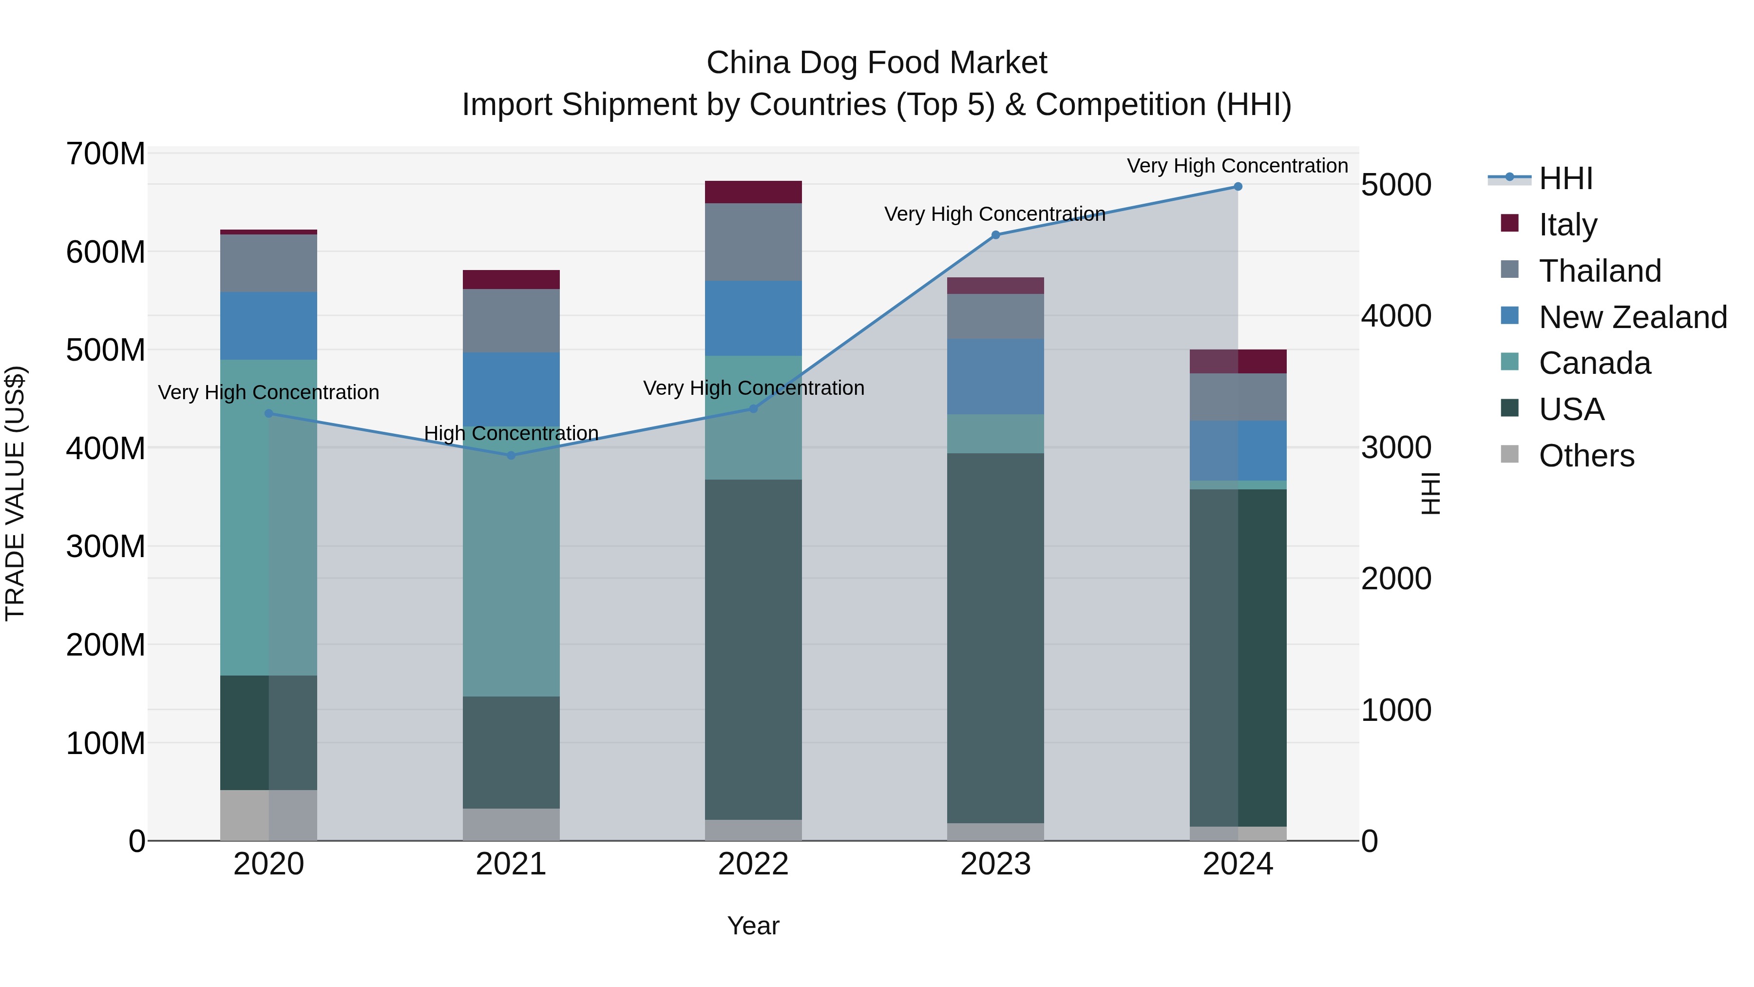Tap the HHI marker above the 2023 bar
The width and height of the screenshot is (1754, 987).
coord(995,235)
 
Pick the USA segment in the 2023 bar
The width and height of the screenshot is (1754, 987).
coord(995,638)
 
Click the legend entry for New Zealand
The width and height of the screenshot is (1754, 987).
coord(1632,317)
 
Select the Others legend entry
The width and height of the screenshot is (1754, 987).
coord(1586,456)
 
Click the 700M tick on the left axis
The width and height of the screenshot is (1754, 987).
coord(106,154)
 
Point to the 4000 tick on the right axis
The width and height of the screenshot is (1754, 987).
coord(1396,316)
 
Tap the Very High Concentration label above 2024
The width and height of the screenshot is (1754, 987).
coord(1237,166)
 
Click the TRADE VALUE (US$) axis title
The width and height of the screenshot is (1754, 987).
coord(15,493)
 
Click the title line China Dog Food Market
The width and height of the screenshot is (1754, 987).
coord(877,63)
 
